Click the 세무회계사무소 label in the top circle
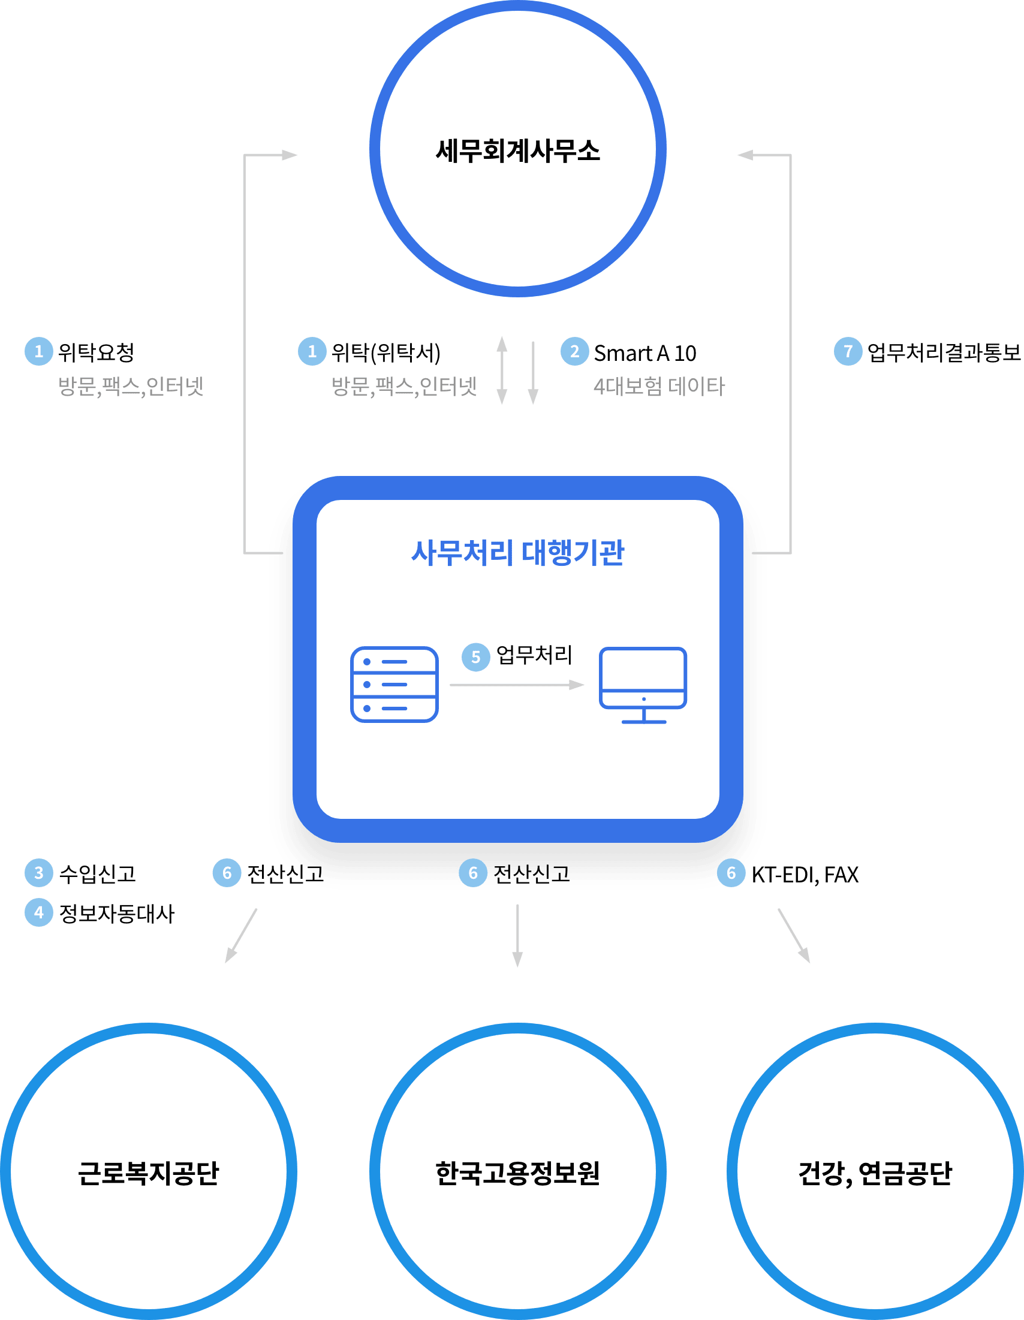tap(517, 151)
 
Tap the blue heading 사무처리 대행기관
tap(517, 553)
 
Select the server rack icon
tap(394, 684)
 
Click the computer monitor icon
tap(643, 684)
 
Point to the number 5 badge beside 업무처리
tap(476, 657)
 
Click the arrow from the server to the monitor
tap(517, 685)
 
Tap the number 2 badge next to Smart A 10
tap(574, 351)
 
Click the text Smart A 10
tap(644, 353)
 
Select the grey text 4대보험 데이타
tap(658, 386)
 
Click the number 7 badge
tap(848, 351)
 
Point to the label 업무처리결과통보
tap(943, 353)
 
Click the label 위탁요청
tap(96, 352)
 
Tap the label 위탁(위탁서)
tap(385, 352)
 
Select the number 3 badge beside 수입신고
tap(39, 873)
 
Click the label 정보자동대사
tap(116, 913)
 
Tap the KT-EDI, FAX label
tap(805, 875)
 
